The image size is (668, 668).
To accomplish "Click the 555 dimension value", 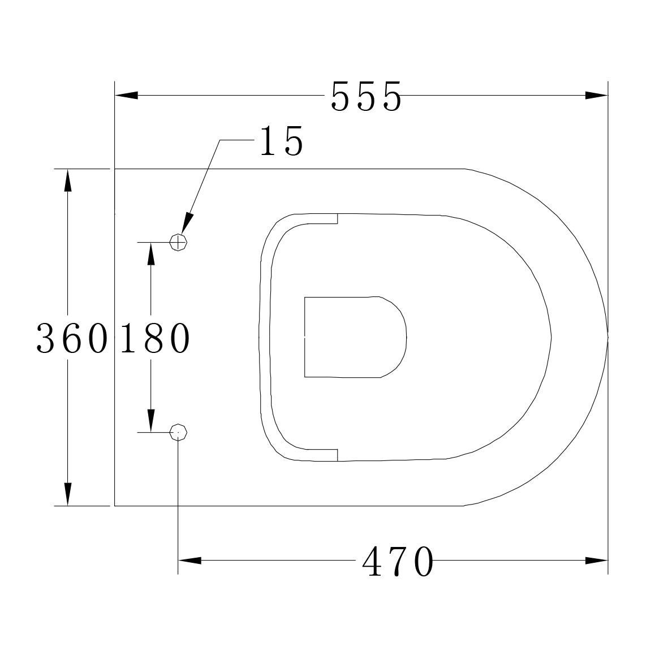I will [366, 96].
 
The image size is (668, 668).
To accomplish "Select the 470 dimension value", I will [398, 562].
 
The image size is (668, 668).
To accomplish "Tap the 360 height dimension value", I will [71, 338].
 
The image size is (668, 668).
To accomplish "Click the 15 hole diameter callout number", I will [281, 141].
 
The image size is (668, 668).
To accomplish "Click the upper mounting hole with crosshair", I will [179, 243].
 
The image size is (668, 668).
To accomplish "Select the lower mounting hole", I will [179, 432].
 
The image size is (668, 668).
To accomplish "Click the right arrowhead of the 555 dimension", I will [596, 96].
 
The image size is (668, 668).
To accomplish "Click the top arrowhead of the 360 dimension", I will [68, 180].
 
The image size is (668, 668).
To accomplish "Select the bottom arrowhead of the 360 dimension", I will [68, 494].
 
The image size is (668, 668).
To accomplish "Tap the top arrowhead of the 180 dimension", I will [150, 254].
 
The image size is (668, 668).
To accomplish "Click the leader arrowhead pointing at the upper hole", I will [187, 224].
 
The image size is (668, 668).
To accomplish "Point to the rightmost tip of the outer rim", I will [607, 337].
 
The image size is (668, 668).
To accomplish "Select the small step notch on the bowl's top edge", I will [337, 218].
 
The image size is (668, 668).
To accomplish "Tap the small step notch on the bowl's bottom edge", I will [337, 455].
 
